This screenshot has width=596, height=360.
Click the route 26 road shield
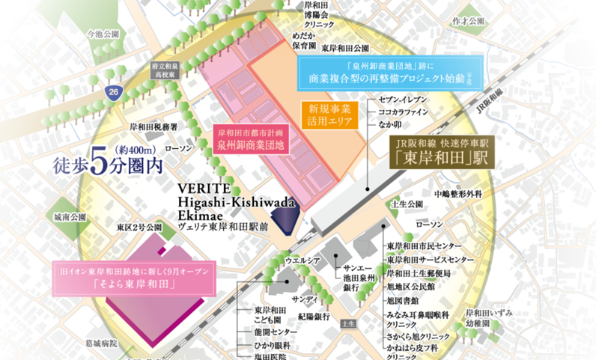pyautogui.click(x=112, y=92)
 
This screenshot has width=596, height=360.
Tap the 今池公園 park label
pyautogui.click(x=103, y=34)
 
